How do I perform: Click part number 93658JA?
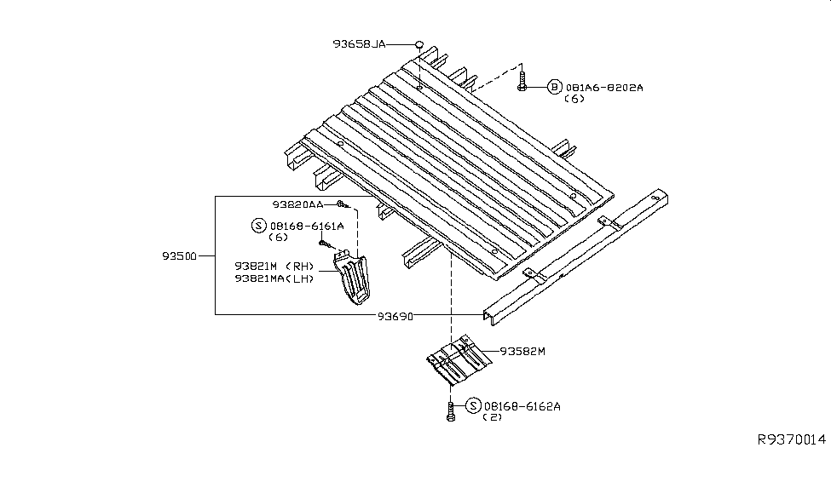pos(359,44)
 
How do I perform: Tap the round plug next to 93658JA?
pos(419,43)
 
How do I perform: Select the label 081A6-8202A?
pos(604,88)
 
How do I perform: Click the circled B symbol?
pos(554,87)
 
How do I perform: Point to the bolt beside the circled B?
pos(522,82)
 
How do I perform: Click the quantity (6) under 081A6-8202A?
pos(574,99)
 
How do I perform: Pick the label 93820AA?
pos(297,204)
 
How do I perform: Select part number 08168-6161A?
pos(307,227)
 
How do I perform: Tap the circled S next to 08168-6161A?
pos(258,226)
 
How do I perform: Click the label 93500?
pos(179,256)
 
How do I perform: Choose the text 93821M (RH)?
pos(274,266)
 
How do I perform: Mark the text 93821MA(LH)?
pos(274,278)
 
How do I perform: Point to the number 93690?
pos(395,317)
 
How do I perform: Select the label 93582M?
pos(522,351)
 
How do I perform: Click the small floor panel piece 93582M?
pos(459,359)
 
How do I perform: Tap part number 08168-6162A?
pos(522,406)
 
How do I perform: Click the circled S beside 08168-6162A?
pos(473,405)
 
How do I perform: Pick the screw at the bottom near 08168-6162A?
pos(451,411)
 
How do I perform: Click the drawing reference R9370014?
pos(792,439)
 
